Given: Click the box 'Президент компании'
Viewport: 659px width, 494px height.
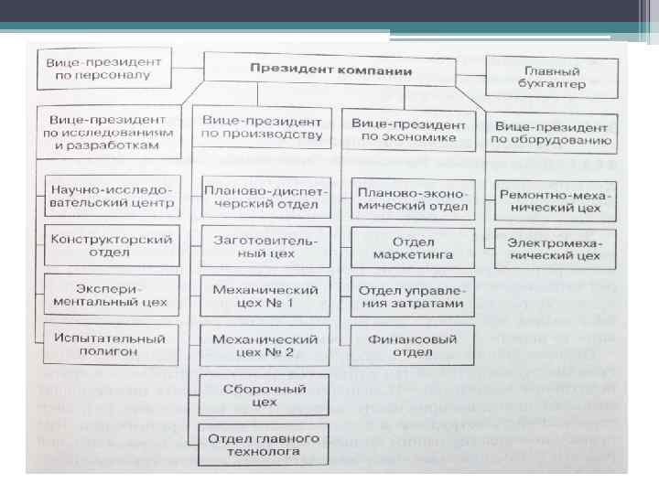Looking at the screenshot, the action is [x=330, y=70].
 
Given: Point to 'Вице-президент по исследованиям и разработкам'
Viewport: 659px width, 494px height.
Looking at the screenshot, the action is [x=110, y=132].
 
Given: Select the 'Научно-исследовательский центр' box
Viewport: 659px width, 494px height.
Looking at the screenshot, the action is [x=113, y=197].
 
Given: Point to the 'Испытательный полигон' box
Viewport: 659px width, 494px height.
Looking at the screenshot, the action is [x=113, y=342].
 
